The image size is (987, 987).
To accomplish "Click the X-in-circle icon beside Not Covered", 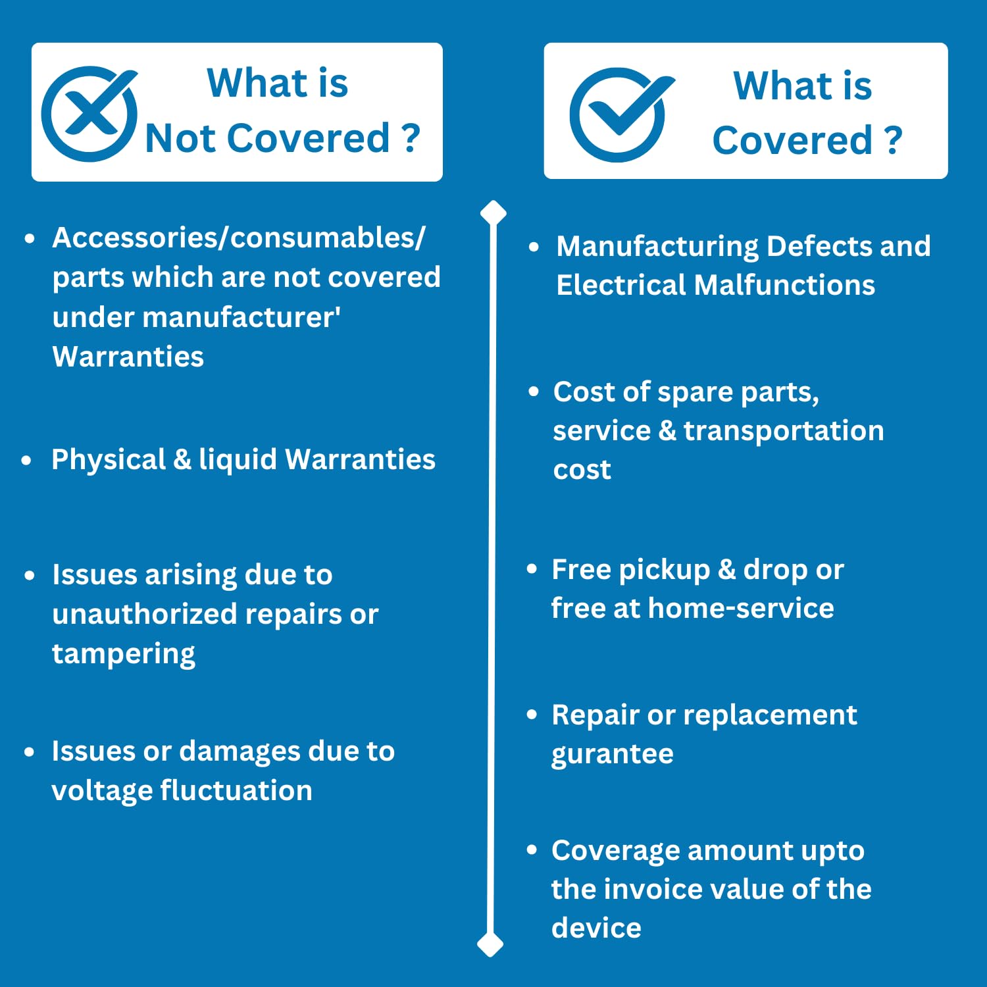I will click(x=90, y=113).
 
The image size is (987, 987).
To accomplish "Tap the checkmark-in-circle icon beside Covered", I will click(x=619, y=114).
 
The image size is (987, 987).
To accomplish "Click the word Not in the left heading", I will click(x=181, y=138).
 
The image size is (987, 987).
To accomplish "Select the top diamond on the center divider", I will click(x=493, y=214).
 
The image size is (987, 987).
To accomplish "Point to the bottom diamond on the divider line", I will click(x=490, y=944).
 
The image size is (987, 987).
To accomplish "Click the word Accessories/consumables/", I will click(x=239, y=238).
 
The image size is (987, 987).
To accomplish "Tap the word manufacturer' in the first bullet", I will click(x=241, y=317).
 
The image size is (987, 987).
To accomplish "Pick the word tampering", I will click(x=124, y=654).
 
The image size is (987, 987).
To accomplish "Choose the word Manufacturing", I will click(x=657, y=247).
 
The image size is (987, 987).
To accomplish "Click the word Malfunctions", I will click(x=784, y=285).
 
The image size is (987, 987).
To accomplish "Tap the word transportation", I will click(x=784, y=430).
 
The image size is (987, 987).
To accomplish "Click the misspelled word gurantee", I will click(x=612, y=754).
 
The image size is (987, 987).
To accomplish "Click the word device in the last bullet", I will click(x=596, y=928).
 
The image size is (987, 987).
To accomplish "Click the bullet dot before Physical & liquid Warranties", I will click(x=26, y=461).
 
